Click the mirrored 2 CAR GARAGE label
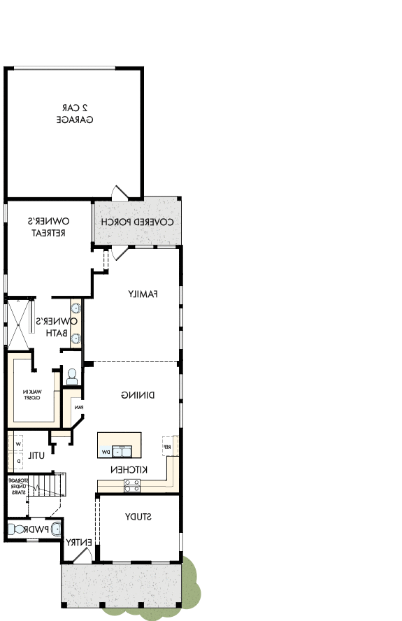click(75, 114)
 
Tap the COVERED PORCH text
click(137, 222)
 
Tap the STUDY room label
click(138, 517)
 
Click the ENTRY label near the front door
click(76, 542)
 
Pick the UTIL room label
click(36, 456)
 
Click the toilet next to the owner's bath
click(71, 377)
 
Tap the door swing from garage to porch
click(120, 192)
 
